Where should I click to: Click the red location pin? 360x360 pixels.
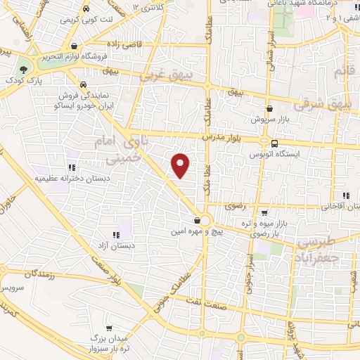click(181, 165)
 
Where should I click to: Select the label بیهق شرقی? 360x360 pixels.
click(330, 103)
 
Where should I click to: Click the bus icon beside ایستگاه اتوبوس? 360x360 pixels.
click(274, 144)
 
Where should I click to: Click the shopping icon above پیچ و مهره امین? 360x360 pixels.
click(187, 221)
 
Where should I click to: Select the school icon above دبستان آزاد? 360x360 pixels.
click(115, 236)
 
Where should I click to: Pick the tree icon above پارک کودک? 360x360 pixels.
click(24, 69)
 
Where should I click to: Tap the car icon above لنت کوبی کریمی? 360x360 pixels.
click(86, 10)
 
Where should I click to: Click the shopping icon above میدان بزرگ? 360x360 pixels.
click(109, 328)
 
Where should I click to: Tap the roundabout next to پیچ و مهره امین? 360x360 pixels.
click(205, 219)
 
